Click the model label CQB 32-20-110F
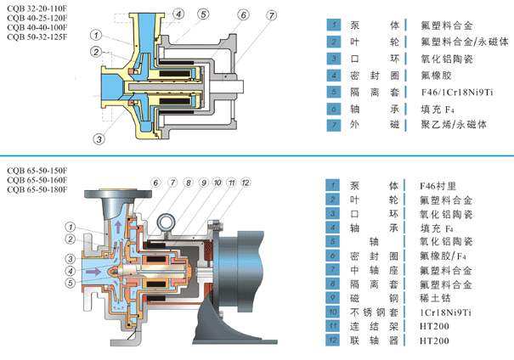(36, 10)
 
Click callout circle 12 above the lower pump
(246, 183)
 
